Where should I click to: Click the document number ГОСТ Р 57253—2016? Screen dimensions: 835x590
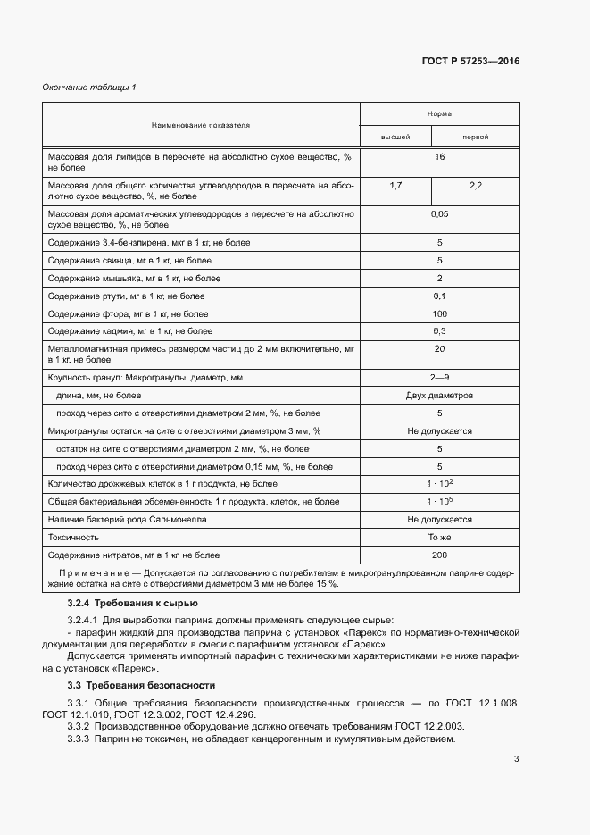pos(470,62)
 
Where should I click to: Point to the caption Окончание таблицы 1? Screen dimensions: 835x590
pos(89,87)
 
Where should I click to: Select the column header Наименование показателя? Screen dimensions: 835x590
pos(200,125)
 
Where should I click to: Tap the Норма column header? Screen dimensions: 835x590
pos(439,114)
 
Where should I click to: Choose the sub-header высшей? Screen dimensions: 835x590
pos(395,138)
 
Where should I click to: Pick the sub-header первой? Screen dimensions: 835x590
pos(475,138)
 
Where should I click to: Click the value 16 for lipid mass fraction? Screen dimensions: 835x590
pos(439,157)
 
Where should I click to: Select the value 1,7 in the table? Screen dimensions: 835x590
pos(396,185)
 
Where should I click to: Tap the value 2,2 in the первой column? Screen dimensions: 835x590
pos(475,185)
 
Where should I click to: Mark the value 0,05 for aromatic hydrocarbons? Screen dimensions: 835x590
pos(439,214)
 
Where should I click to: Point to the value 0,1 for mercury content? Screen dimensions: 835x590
pos(439,296)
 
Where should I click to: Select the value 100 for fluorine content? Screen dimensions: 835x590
pos(439,313)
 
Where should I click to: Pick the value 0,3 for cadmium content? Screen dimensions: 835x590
pos(439,331)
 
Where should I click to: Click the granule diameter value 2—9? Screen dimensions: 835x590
pos(439,378)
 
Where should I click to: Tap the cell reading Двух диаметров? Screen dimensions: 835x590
pos(439,395)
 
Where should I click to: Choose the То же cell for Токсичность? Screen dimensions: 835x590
pos(439,537)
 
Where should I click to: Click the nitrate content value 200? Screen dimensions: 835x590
pos(439,555)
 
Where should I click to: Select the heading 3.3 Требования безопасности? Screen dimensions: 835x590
pos(141,686)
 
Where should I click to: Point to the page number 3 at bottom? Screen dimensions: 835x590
pos(516,759)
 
